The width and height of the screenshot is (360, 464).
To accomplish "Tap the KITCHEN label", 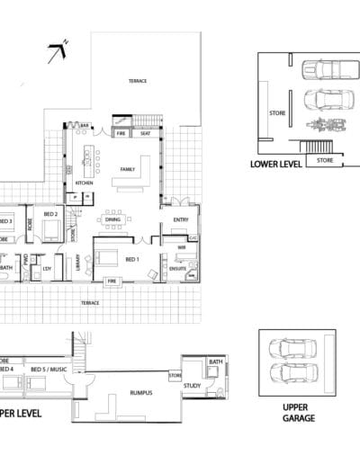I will coord(85,183).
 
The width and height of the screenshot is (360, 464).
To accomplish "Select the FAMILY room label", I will coord(128,169).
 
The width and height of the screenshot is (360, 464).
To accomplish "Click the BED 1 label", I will coord(132,259).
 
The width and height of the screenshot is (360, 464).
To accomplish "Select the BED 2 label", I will coord(50,214).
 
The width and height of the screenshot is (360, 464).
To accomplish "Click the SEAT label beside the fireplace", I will coord(145,134).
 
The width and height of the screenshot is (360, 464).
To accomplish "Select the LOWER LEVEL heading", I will coord(276,165).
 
